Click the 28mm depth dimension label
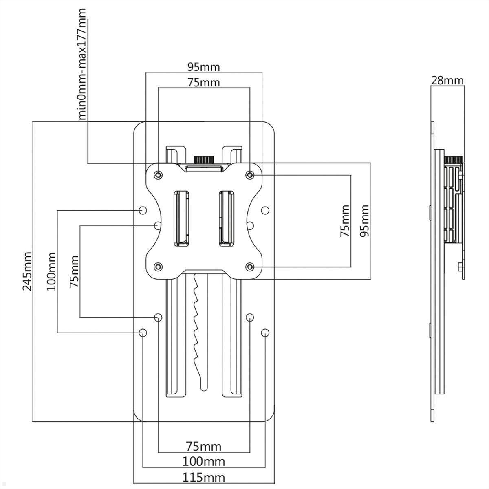click(447, 80)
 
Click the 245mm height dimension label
click(27, 271)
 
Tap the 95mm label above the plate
click(203, 66)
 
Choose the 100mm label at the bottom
click(203, 462)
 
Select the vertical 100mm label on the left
click(51, 271)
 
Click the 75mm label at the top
click(203, 82)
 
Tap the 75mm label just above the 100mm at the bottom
click(203, 446)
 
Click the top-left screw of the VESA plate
click(158, 175)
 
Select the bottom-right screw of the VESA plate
click(250, 267)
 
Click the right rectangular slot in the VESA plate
click(226, 218)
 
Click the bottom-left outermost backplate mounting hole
click(143, 333)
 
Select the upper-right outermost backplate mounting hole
click(265, 210)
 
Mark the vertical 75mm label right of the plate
click(345, 220)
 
